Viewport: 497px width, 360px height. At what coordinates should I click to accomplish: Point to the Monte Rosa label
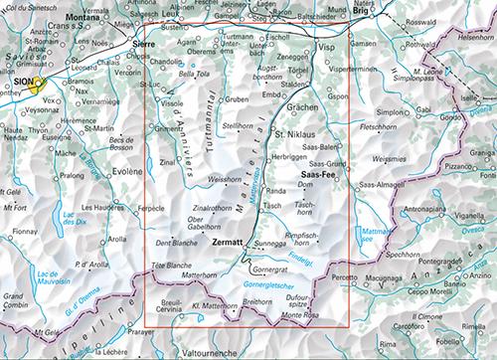[x=298, y=315]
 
